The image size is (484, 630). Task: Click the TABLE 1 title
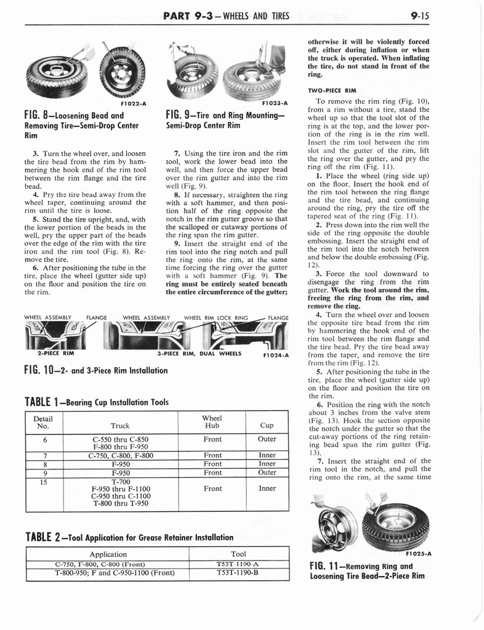tap(97, 402)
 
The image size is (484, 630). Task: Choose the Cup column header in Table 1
tap(267, 425)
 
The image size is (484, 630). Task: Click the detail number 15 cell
tap(42, 482)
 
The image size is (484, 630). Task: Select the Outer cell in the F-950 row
tap(267, 472)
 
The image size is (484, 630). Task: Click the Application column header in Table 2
tap(108, 554)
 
